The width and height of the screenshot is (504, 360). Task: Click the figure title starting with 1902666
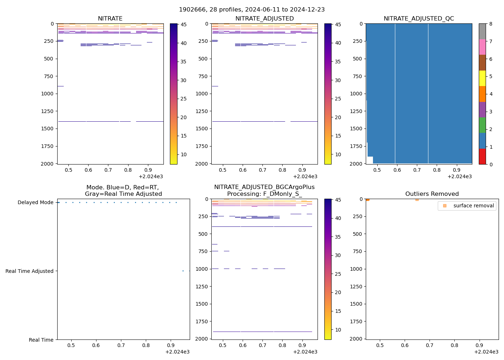pyautogui.click(x=252, y=9)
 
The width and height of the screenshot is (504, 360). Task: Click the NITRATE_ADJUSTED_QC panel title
pyautogui.click(x=419, y=18)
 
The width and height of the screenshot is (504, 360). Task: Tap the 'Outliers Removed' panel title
pyautogui.click(x=432, y=194)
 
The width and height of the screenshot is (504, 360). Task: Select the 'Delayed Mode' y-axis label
pyautogui.click(x=35, y=202)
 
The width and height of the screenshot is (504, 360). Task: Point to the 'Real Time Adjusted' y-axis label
pyautogui.click(x=29, y=271)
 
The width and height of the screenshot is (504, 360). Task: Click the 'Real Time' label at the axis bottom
pyautogui.click(x=41, y=340)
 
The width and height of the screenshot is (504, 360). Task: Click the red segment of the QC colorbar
pyautogui.click(x=482, y=157)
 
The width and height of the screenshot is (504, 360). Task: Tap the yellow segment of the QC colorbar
pyautogui.click(x=482, y=78)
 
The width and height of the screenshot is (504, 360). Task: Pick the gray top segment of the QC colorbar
pyautogui.click(x=482, y=31)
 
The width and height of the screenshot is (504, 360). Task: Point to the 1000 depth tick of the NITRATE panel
pyautogui.click(x=48, y=94)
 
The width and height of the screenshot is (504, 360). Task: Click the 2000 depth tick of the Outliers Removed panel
pyautogui.click(x=356, y=339)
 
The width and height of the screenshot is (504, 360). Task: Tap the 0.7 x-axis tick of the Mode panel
pyautogui.click(x=121, y=345)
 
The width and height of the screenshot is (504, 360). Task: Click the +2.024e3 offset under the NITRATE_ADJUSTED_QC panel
pyautogui.click(x=459, y=176)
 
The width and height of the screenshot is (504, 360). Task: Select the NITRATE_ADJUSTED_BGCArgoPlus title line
pyautogui.click(x=264, y=187)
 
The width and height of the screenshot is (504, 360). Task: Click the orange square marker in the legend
pyautogui.click(x=445, y=206)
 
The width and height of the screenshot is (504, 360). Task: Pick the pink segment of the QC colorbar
pyautogui.click(x=482, y=47)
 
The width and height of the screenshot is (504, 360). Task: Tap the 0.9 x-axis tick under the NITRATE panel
pyautogui.click(x=148, y=170)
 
